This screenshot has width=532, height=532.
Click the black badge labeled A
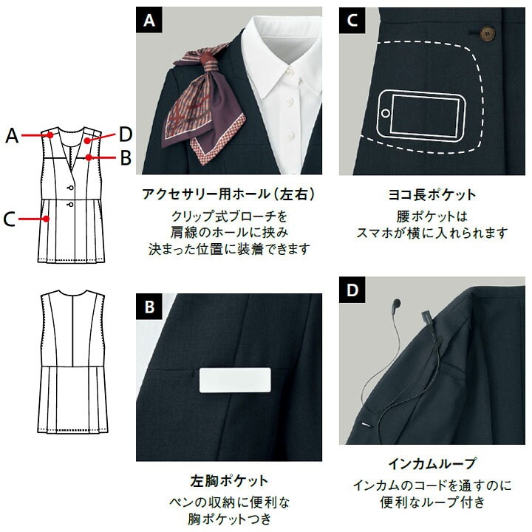(x=149, y=20)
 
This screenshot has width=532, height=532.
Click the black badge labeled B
(x=149, y=307)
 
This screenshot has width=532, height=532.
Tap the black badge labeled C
(x=352, y=20)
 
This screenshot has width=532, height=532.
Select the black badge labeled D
(x=352, y=290)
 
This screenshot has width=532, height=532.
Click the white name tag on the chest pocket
(x=235, y=380)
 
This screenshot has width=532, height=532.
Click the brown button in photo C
(x=488, y=33)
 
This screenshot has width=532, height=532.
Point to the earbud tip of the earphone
(x=396, y=303)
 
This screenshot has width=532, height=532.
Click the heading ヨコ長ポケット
(x=432, y=195)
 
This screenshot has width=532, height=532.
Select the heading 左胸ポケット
(x=229, y=481)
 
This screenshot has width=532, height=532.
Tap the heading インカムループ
(x=432, y=463)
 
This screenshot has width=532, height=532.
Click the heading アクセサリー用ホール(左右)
(x=228, y=194)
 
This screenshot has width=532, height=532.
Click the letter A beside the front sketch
(x=12, y=135)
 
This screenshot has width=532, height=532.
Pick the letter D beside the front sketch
(x=125, y=134)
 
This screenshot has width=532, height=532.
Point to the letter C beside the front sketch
(x=9, y=219)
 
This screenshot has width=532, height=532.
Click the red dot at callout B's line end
(x=89, y=157)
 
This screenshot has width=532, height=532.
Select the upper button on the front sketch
(x=71, y=188)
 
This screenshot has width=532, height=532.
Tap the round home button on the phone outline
(x=386, y=113)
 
